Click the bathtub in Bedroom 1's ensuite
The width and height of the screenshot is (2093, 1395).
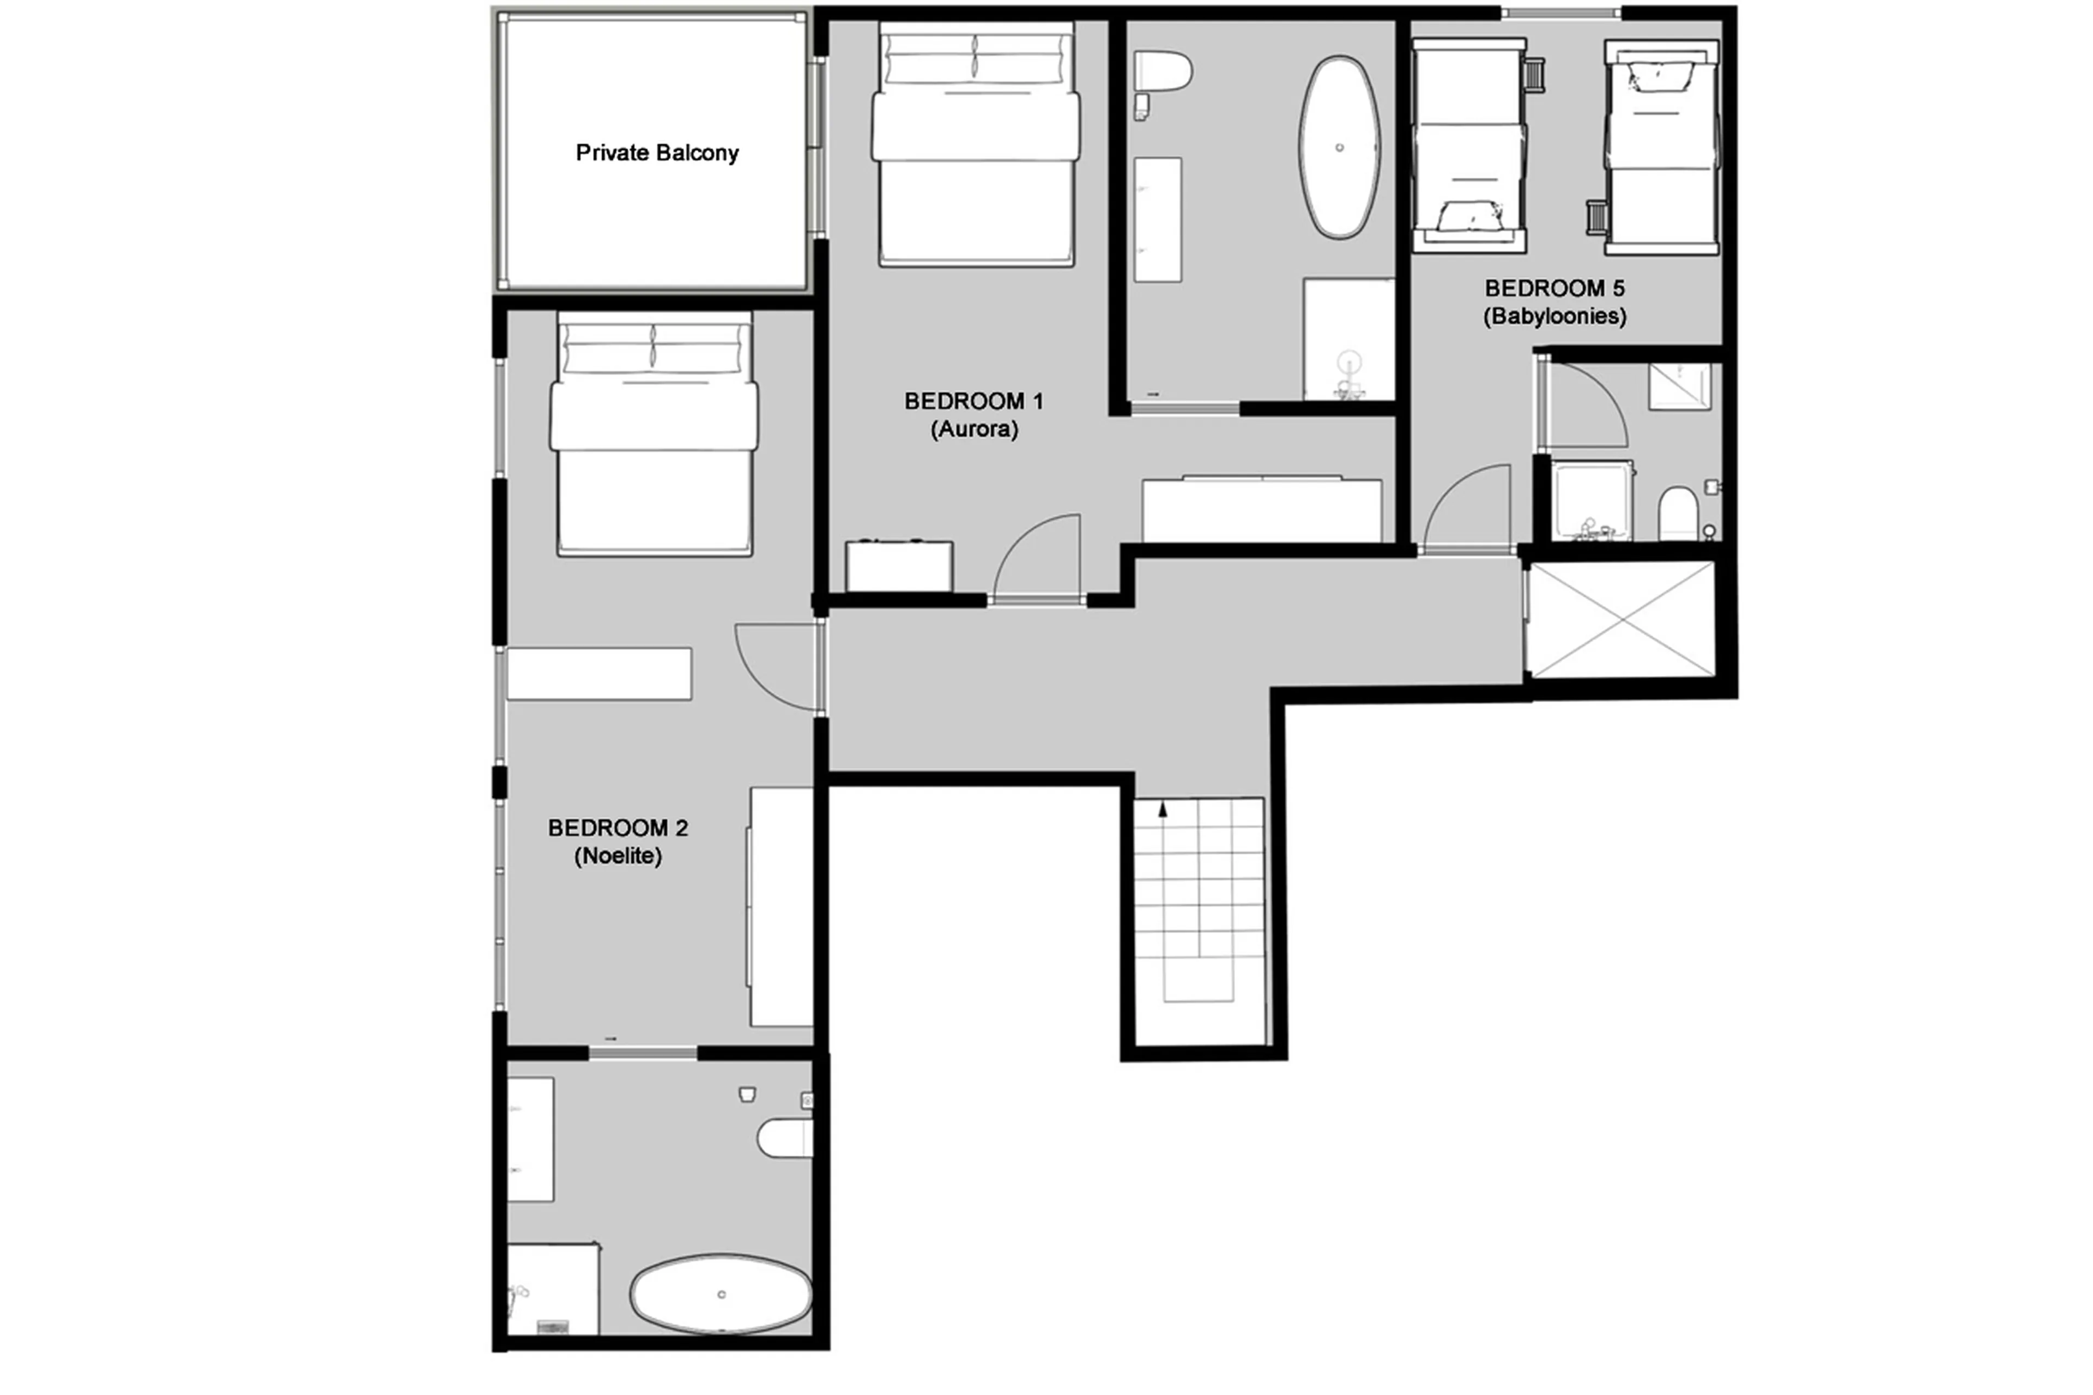click(1340, 148)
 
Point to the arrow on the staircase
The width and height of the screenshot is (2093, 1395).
click(1162, 809)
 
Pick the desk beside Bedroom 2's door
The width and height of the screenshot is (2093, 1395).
click(598, 673)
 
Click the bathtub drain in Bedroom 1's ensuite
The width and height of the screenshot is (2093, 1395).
click(1340, 148)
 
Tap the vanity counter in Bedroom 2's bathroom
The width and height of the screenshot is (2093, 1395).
click(530, 1139)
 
